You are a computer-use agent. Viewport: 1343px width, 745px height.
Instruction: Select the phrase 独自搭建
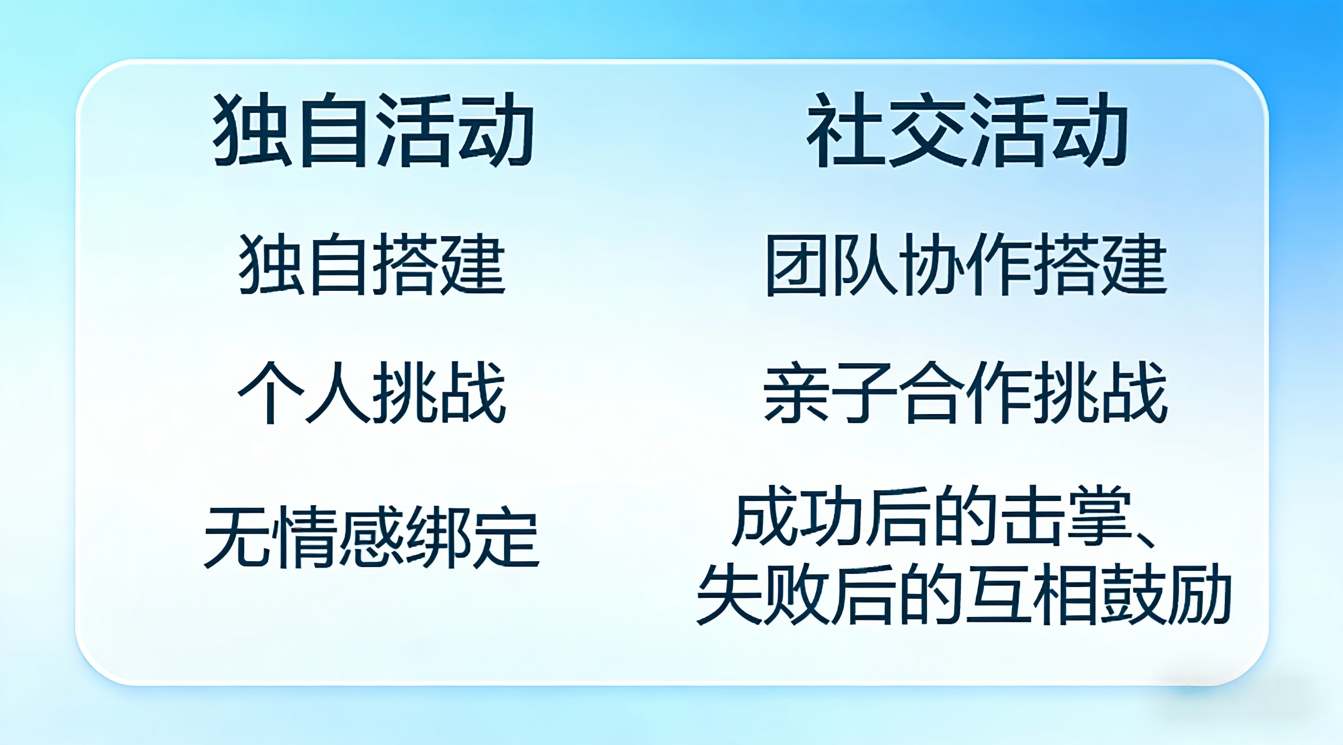pyautogui.click(x=372, y=264)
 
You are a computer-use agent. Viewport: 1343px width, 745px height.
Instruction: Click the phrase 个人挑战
pyautogui.click(x=372, y=393)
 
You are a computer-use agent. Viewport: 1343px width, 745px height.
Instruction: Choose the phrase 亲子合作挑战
pyautogui.click(x=965, y=393)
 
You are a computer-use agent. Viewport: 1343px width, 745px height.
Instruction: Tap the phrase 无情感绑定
pyautogui.click(x=372, y=537)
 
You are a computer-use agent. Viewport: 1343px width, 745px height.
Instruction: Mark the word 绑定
pyautogui.click(x=473, y=537)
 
